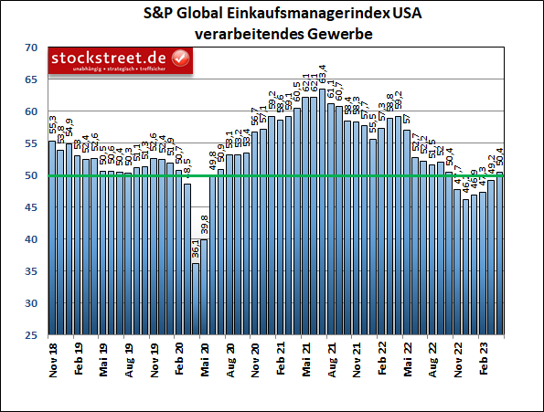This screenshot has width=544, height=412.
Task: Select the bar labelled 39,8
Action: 204,287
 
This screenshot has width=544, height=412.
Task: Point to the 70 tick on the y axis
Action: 31,48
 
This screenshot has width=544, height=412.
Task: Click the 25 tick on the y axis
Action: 31,335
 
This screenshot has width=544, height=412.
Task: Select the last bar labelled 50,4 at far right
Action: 499,253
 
